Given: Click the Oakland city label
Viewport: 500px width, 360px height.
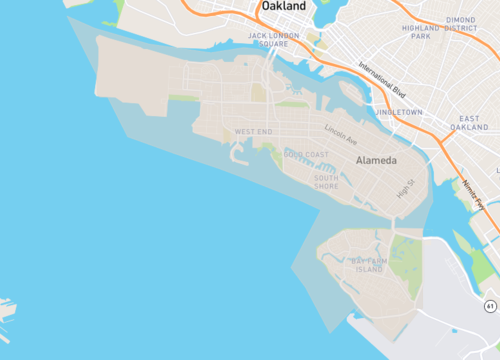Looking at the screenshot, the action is click(284, 7).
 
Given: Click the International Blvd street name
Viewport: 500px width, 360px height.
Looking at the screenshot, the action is click(385, 77).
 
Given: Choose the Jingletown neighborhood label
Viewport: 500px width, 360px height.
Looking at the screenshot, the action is click(402, 112).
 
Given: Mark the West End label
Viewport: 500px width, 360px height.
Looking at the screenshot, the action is click(252, 132).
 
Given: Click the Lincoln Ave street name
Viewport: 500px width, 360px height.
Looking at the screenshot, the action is click(342, 133).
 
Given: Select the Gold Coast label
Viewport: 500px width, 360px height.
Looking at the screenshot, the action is click(306, 154).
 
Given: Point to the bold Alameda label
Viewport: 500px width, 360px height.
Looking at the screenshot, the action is click(377, 160).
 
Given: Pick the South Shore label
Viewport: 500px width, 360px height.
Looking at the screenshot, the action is click(327, 182).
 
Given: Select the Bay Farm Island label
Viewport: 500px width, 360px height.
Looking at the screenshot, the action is click(368, 265).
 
